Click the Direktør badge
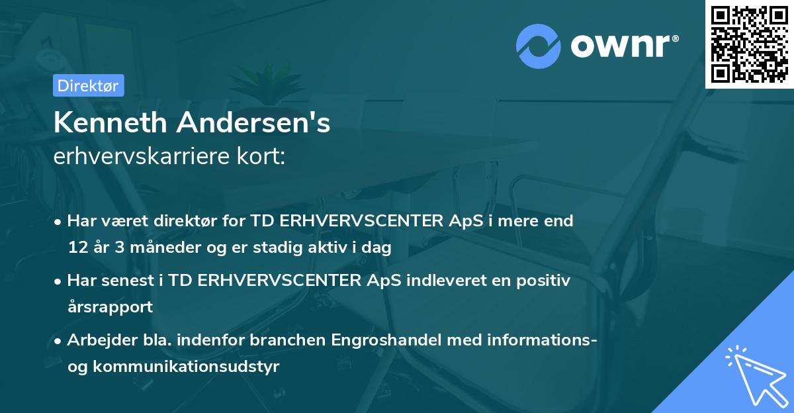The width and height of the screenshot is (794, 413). coord(88,85)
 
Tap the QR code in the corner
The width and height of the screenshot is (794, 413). coord(749,44)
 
